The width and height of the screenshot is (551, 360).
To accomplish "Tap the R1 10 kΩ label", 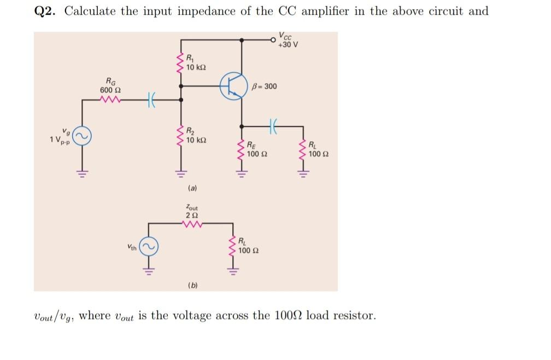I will [195, 63].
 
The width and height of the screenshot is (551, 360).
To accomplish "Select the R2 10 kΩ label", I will [195, 136].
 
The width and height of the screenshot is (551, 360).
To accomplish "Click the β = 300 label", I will [265, 86].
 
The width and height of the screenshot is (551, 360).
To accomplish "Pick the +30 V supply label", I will [288, 41].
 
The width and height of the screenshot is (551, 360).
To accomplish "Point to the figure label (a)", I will [192, 188].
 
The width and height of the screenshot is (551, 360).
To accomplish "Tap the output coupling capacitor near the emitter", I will [273, 125].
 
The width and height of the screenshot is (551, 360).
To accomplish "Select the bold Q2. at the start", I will [44, 11].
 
